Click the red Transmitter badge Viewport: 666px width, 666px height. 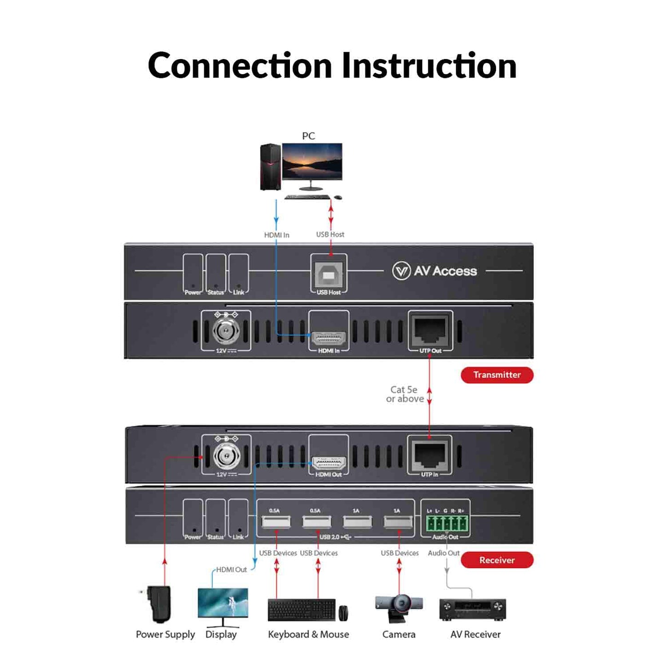coord(497,375)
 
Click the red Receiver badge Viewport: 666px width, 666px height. coord(497,560)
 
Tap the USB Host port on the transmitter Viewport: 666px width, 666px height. coord(329,275)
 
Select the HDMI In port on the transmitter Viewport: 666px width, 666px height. coord(329,338)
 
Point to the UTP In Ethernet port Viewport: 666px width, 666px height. coord(430,454)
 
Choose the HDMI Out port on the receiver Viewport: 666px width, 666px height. coord(329,462)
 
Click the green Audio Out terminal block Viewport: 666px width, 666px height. coord(446,524)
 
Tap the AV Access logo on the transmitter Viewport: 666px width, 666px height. coord(434,271)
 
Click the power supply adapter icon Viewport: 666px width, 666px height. coord(159,603)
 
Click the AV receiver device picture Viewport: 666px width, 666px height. coord(472,609)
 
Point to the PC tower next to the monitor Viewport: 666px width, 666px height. coord(270,167)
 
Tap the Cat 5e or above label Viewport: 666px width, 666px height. coord(404,394)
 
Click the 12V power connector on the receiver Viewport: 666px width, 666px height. coord(226,456)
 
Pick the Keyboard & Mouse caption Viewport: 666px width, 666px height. coord(308,634)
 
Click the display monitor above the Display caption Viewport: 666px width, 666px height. coord(223,603)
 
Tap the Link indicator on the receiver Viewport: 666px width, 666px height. coord(238,519)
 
